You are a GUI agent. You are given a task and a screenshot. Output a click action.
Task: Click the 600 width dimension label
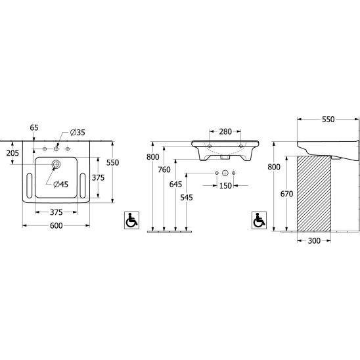click(x=56, y=225)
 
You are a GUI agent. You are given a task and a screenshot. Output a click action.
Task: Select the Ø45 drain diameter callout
click(x=61, y=184)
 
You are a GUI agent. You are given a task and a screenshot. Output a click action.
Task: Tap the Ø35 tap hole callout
click(x=78, y=132)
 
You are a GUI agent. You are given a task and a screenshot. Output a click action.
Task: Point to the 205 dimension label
click(x=12, y=153)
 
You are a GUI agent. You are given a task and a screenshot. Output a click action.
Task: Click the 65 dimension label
click(x=34, y=127)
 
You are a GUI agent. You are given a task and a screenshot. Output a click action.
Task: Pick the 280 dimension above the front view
click(x=225, y=131)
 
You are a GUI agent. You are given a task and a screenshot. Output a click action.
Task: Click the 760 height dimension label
click(x=164, y=169)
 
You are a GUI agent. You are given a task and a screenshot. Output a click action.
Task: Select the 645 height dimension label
click(x=175, y=184)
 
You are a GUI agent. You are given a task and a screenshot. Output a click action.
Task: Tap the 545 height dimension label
click(x=187, y=198)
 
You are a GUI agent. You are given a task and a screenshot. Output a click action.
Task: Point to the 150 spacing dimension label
click(x=225, y=186)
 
